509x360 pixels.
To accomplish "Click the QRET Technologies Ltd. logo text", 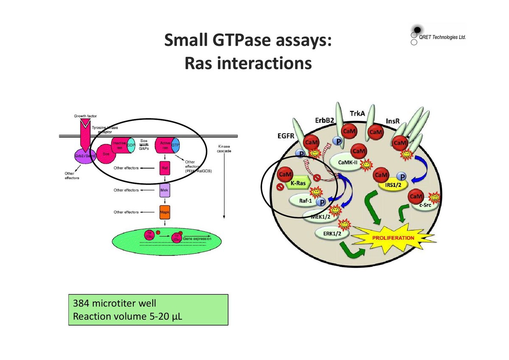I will click(442, 37).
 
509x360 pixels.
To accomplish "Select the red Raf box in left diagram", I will click(164, 168).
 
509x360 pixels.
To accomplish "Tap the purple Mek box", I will click(164, 190).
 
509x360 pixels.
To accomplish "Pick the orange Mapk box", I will click(165, 212).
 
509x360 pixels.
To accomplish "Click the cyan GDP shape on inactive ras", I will click(131, 145).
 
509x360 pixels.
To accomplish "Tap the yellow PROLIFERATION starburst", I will click(393, 238).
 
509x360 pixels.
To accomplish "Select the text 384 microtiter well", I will click(115, 304).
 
